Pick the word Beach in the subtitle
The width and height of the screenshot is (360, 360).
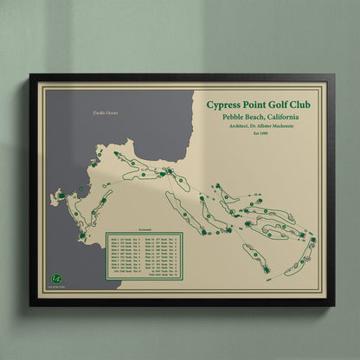coord(253,118)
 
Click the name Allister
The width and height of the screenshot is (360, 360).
coord(269,126)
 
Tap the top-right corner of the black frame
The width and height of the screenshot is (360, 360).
coord(334,74)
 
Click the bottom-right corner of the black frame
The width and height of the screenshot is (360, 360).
coord(334,305)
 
